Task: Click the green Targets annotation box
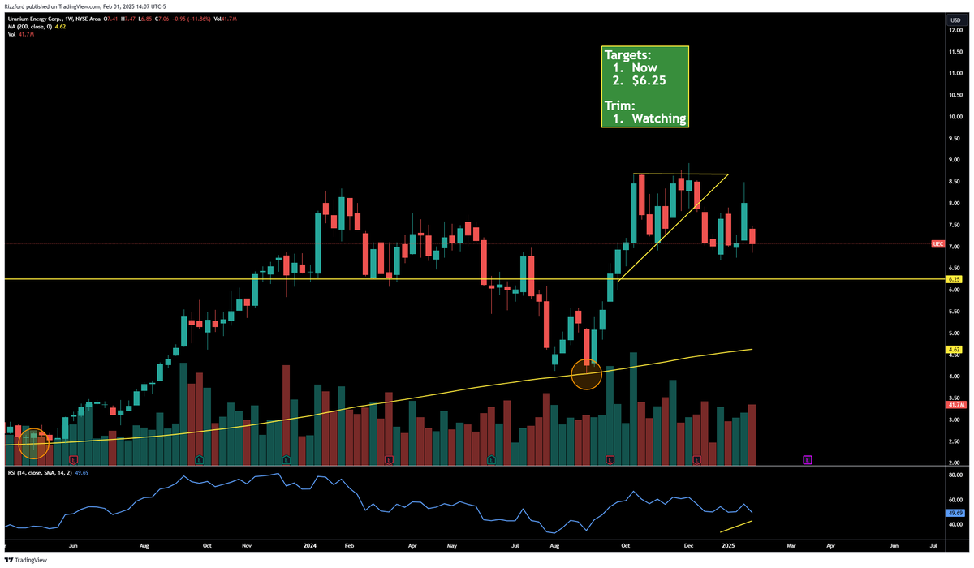645,87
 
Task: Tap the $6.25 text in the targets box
650,81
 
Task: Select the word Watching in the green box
659,118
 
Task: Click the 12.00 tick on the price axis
955,30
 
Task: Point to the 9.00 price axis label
955,160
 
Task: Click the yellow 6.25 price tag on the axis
955,279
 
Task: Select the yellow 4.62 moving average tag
955,350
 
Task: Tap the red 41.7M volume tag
955,404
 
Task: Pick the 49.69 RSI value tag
955,513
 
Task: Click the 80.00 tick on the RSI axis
955,477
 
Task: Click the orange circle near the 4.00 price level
586,374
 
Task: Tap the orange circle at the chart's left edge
33,443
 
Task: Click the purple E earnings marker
808,459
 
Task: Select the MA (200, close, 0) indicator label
32,27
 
